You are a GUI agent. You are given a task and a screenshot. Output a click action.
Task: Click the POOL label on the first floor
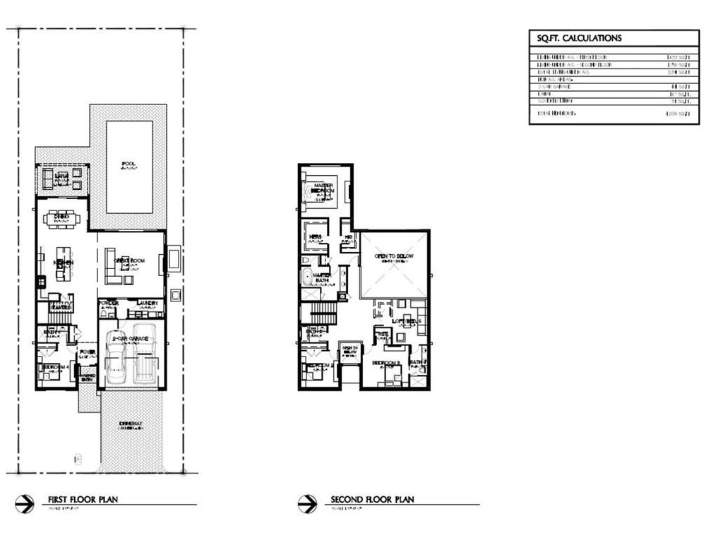129,164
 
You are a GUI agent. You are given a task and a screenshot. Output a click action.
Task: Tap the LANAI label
52,174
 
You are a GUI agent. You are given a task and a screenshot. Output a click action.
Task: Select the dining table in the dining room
62,220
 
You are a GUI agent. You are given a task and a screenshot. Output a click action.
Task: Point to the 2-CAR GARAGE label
129,339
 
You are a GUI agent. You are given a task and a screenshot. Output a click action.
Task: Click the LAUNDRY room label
149,304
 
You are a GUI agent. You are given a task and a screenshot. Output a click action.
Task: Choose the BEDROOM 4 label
56,367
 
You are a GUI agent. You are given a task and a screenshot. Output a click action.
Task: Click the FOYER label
88,352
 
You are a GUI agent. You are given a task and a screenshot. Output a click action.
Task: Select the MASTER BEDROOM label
323,188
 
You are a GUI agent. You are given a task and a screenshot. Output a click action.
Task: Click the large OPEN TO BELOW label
393,256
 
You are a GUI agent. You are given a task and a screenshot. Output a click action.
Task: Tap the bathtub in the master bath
307,276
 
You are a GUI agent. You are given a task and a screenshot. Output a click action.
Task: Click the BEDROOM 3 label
386,364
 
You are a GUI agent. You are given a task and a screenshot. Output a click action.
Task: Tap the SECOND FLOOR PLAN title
372,500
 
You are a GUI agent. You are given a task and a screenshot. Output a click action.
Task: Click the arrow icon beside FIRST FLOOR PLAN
24,503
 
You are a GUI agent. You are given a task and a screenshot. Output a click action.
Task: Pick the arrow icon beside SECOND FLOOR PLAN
307,503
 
